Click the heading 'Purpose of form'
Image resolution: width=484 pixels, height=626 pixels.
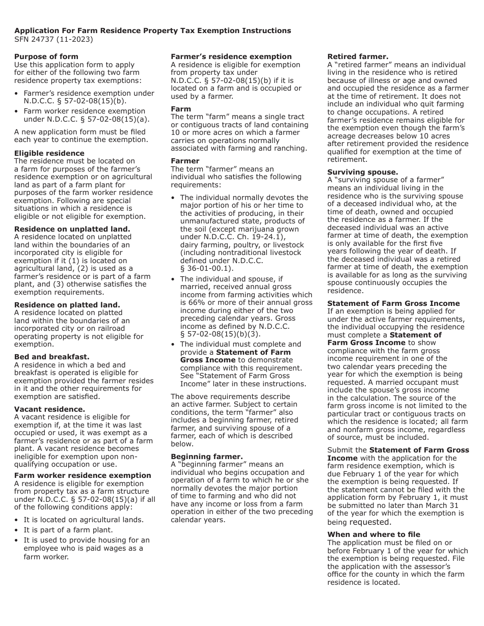pos(46,56)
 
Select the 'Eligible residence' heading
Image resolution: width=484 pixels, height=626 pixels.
pos(49,153)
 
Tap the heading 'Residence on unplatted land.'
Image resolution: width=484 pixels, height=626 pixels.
pos(72,229)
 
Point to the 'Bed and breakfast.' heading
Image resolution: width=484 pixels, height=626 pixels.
pos(51,357)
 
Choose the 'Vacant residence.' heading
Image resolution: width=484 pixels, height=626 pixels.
pos(49,409)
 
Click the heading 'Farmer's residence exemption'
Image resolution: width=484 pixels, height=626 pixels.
pos(231,56)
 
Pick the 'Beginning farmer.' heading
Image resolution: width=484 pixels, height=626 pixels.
pos(206,457)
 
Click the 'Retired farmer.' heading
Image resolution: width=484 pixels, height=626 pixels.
pos(358,56)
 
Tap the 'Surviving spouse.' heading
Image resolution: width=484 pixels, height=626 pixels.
pos(362,172)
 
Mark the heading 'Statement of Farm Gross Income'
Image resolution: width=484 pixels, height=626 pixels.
pos(393,303)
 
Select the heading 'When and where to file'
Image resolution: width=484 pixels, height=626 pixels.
pos(373,534)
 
